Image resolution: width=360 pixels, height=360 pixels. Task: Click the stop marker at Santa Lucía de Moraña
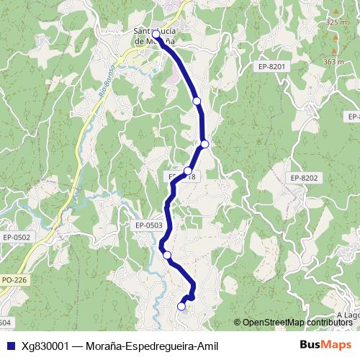coord(156,34)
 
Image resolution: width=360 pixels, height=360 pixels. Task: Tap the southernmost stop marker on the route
coord(181,307)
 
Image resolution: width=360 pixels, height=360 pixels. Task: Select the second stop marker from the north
coord(197,102)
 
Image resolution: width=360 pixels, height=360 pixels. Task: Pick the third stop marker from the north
coord(204,144)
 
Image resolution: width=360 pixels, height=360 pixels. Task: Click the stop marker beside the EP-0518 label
coord(187,171)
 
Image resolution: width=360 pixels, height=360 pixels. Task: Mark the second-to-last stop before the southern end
coord(167,254)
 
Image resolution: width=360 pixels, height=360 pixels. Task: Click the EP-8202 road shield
coord(305,178)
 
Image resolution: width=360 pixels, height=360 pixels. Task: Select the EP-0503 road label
coord(148,225)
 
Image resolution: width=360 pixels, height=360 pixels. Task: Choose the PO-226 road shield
coord(13,279)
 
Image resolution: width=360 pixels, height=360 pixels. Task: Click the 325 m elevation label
coord(336,22)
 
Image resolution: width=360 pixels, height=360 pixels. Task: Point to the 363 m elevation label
coord(334,62)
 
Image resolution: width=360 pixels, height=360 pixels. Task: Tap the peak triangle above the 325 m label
coord(336,12)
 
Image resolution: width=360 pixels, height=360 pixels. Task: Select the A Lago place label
coord(348,315)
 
